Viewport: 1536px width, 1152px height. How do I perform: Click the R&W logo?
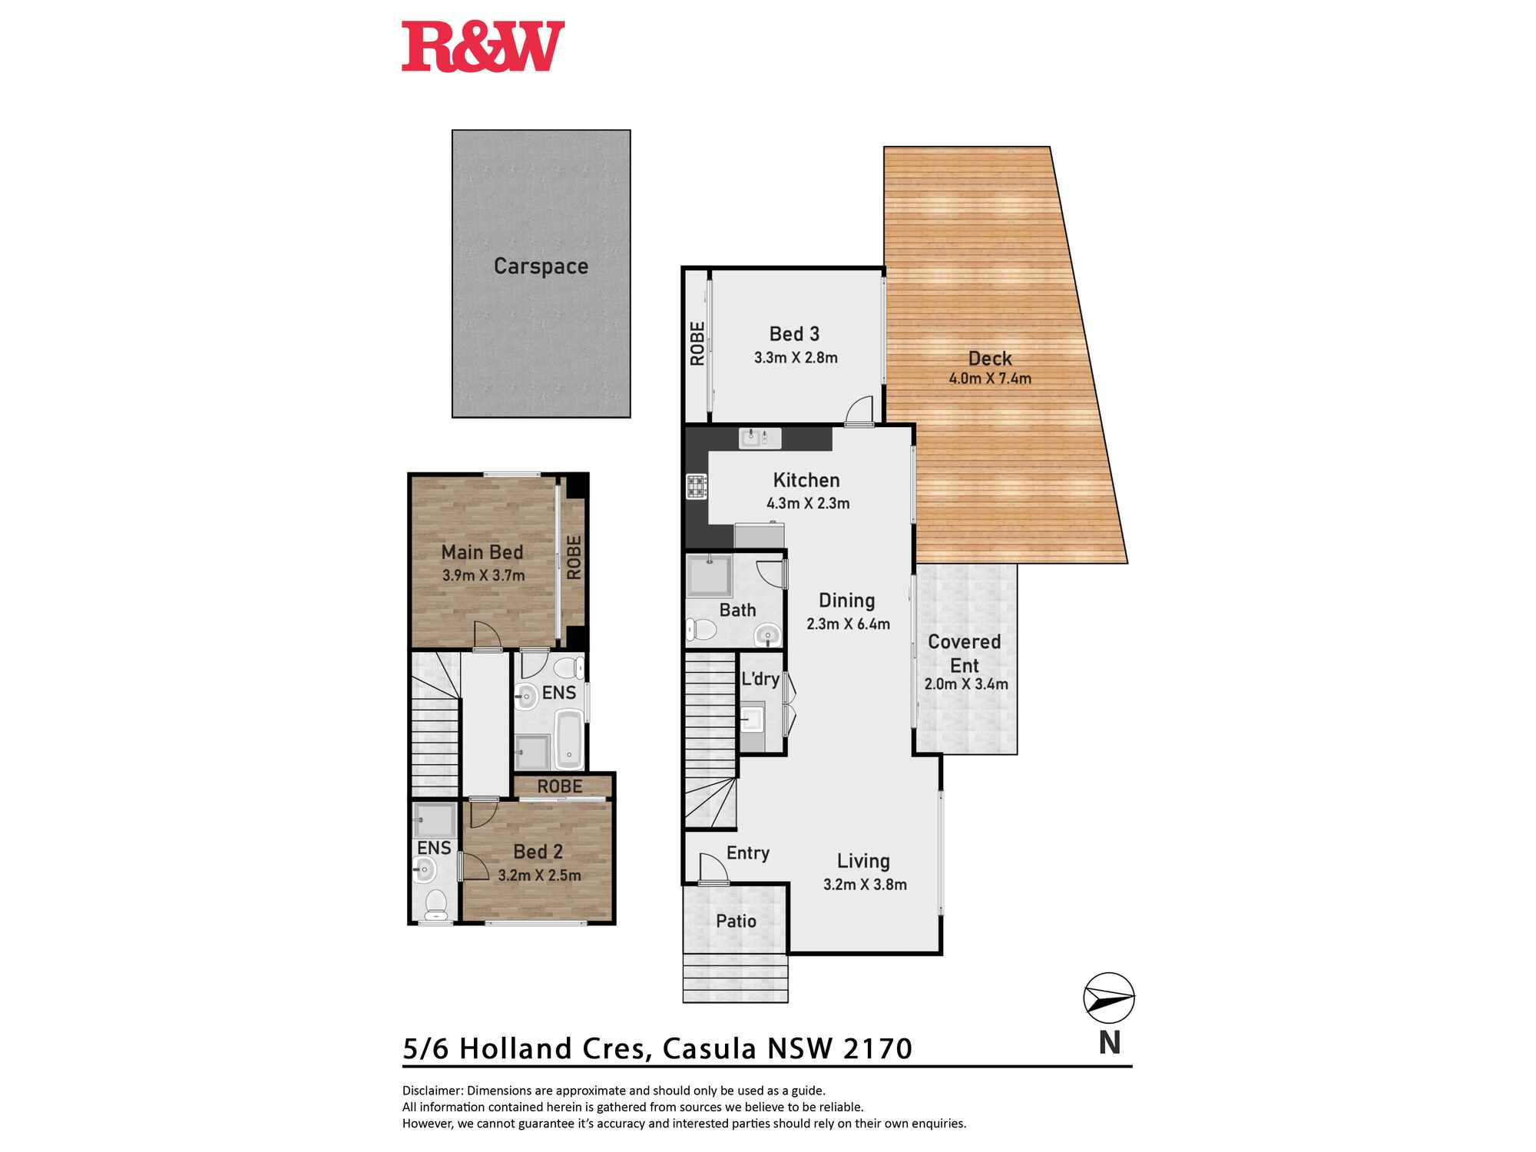[483, 47]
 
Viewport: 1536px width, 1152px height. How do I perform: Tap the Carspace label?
[541, 266]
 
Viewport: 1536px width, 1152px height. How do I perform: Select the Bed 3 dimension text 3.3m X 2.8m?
[796, 358]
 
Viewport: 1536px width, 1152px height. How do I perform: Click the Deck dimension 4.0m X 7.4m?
[990, 379]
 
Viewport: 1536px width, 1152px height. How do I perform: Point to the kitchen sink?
[760, 439]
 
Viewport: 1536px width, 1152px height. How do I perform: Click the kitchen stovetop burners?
[697, 487]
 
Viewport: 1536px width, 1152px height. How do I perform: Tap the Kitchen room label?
[806, 481]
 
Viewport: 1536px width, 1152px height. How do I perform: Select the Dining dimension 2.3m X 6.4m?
[848, 624]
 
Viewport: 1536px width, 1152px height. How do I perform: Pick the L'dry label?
[760, 679]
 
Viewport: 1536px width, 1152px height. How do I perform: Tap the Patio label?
[736, 922]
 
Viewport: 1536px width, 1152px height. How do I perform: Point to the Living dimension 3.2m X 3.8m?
[865, 885]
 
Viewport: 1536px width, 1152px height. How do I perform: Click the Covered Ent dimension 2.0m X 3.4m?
[966, 684]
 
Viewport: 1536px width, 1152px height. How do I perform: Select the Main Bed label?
[482, 552]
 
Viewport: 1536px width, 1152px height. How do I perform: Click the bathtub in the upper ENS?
[569, 739]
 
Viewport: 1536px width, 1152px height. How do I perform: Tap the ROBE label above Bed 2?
[560, 786]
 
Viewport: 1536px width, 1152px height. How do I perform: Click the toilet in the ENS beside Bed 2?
[435, 905]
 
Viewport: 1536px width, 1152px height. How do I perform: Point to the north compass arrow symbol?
[1109, 998]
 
